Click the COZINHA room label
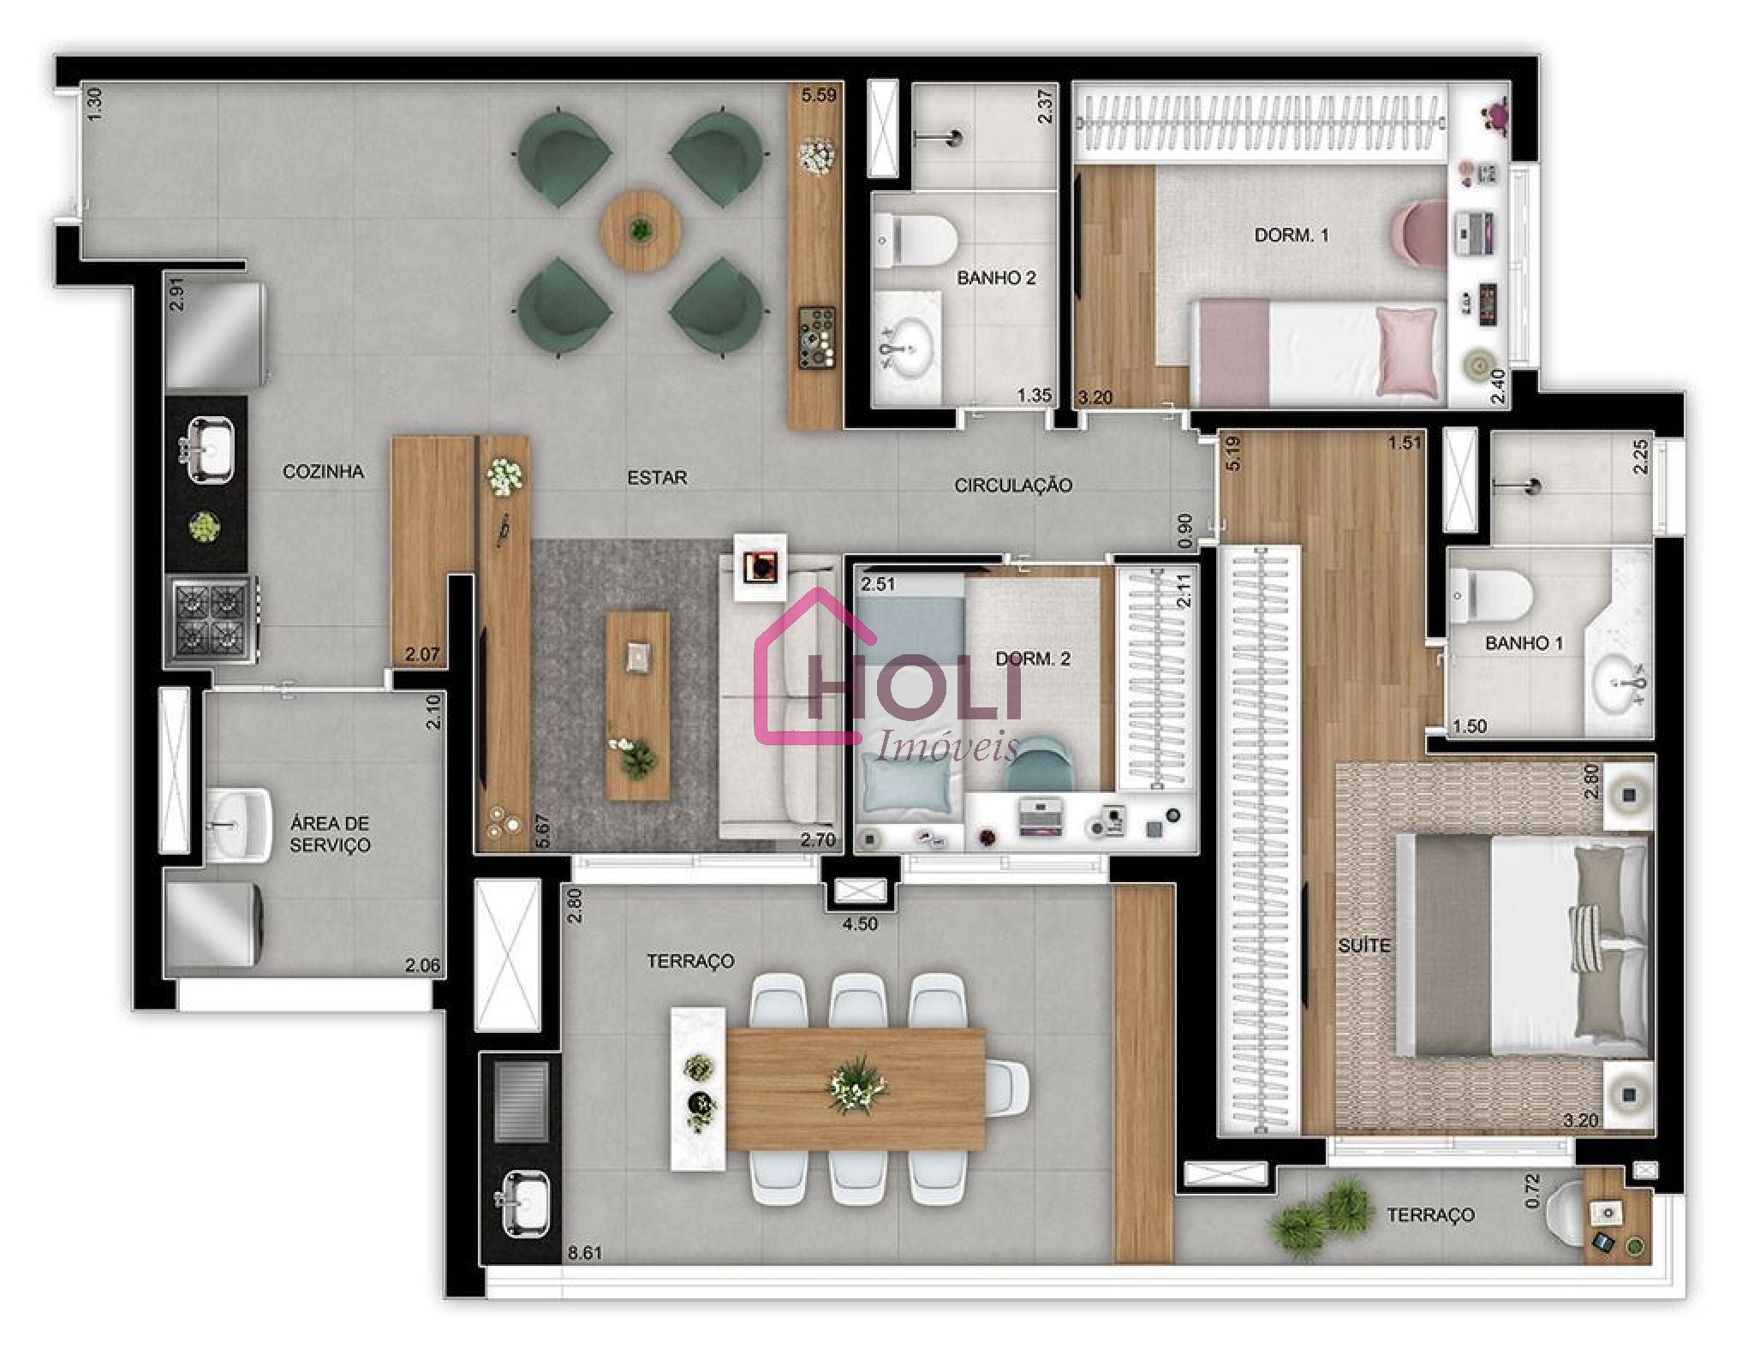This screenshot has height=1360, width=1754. [x=323, y=472]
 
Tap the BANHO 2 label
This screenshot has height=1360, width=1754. [x=996, y=278]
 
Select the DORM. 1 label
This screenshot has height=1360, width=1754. [x=1291, y=235]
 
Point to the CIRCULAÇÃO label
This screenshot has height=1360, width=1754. [x=1013, y=486]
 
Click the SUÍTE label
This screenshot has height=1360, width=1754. [x=1364, y=945]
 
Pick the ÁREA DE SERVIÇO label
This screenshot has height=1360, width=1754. [x=330, y=834]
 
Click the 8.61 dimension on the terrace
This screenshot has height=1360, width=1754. [x=585, y=1253]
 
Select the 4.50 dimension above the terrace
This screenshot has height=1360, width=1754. [x=860, y=925]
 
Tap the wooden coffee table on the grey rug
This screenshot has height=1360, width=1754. [x=637, y=706]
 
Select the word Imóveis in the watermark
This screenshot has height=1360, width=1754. [x=947, y=749]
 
